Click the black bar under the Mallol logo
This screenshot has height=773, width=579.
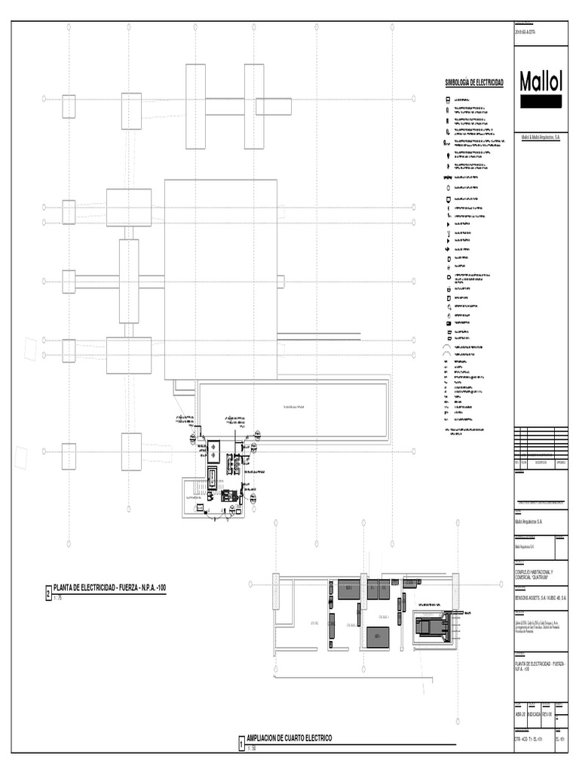click(x=540, y=102)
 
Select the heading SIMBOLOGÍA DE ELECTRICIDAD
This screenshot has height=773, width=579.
click(x=474, y=82)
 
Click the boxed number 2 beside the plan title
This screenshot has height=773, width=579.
click(x=48, y=595)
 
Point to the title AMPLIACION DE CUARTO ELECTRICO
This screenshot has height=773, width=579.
click(x=289, y=738)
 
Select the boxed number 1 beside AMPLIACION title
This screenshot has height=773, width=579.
click(x=241, y=744)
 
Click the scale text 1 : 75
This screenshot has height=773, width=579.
click(x=58, y=597)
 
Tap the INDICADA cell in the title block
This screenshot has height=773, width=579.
click(x=534, y=713)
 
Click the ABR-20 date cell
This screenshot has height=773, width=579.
click(x=520, y=713)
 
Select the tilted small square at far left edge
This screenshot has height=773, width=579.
click(x=30, y=349)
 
